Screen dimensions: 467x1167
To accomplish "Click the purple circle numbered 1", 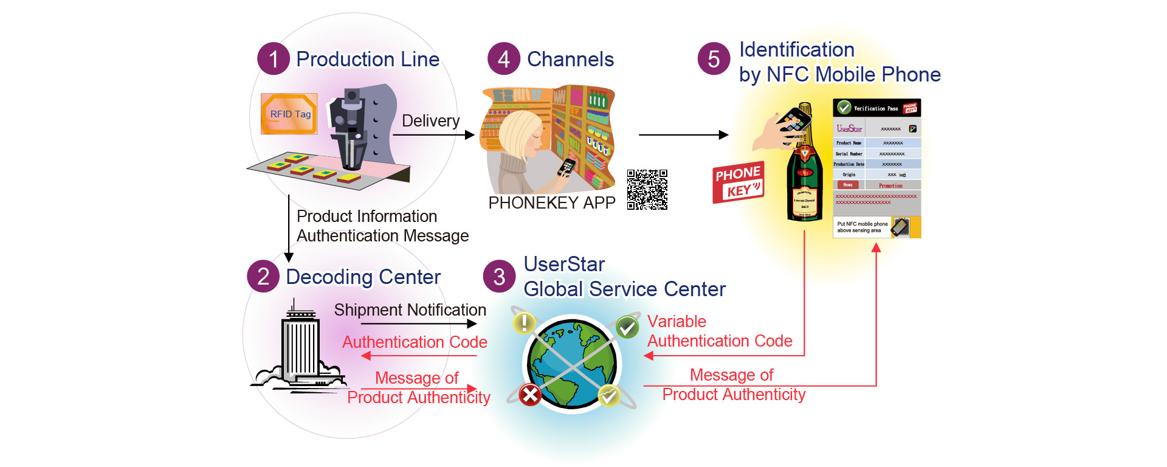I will [x=274, y=59].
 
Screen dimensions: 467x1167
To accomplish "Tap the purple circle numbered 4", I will [x=504, y=59].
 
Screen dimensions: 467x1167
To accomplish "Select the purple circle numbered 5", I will [x=714, y=59].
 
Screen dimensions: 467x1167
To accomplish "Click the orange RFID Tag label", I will [x=289, y=114].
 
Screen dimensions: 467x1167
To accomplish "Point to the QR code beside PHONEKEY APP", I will [x=647, y=190].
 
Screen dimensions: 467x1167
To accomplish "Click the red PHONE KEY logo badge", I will [x=738, y=182].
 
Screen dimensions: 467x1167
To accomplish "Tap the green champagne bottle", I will [x=804, y=176].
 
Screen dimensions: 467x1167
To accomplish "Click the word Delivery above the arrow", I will [x=430, y=120].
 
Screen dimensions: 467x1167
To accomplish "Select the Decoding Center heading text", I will [x=363, y=277].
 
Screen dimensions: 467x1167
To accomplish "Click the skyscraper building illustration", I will [x=300, y=347].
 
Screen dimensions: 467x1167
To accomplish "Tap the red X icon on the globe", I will [x=530, y=396].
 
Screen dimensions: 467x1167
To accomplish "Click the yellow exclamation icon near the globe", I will [x=524, y=322].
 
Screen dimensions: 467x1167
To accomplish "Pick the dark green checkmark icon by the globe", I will [x=627, y=328].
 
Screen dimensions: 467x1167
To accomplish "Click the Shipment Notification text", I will [x=410, y=310].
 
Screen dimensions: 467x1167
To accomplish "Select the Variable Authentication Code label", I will [x=719, y=331].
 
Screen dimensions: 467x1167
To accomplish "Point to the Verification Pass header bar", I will [x=876, y=108].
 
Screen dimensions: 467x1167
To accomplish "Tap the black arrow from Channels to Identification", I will [x=683, y=135].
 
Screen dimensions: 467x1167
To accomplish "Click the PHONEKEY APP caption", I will [x=552, y=203].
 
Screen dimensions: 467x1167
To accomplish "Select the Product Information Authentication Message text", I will [x=382, y=226].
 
